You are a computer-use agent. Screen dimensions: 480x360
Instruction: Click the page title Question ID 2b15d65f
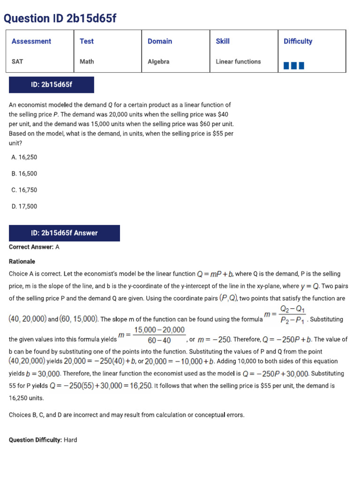(x=60, y=18)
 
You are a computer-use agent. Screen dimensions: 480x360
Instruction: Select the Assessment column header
(x=31, y=41)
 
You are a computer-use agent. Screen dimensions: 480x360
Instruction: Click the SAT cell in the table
(x=17, y=61)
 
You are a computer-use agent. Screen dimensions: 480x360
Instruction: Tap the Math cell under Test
(x=87, y=61)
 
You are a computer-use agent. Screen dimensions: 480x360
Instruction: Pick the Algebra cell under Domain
(x=158, y=61)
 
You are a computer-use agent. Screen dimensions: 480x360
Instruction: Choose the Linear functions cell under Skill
(x=238, y=61)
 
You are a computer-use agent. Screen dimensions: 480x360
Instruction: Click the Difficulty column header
(x=298, y=41)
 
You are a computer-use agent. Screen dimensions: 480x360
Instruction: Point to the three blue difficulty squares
(x=294, y=66)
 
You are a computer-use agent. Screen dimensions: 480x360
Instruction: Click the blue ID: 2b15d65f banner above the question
(x=52, y=85)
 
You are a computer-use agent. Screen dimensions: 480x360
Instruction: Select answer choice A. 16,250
(x=24, y=157)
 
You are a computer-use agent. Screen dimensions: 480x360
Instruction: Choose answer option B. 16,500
(x=24, y=173)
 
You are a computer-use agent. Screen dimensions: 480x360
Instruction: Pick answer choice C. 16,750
(x=24, y=190)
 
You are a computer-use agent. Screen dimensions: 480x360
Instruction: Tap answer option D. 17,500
(x=24, y=206)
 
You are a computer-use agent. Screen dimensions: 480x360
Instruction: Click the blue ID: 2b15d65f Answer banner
(x=64, y=233)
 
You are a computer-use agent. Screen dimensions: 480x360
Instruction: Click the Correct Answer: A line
(x=34, y=247)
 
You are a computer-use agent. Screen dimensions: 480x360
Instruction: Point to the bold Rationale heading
(x=22, y=261)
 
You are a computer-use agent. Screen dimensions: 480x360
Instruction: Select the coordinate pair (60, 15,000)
(x=79, y=319)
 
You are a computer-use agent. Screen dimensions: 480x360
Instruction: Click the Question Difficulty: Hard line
(x=43, y=440)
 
